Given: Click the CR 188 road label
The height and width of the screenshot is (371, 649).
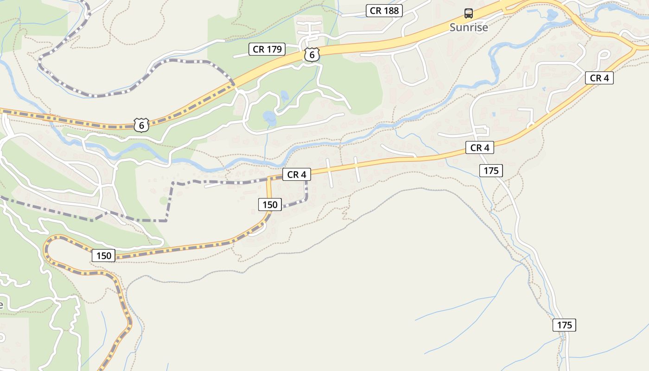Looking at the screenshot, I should tap(384, 11).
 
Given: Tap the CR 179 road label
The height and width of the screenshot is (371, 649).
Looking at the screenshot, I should tap(267, 49).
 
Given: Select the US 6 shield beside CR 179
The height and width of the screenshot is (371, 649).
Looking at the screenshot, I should tap(312, 55).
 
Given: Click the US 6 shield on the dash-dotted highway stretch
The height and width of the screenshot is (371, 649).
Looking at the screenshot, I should tap(141, 125).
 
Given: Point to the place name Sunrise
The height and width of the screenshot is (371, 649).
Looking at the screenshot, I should tap(469, 27).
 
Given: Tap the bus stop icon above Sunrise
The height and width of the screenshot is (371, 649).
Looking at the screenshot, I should tap(469, 13).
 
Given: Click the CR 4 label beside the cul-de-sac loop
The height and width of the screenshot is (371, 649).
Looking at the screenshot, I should tap(599, 78).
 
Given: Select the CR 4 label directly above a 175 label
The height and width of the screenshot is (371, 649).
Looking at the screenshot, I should tap(479, 147).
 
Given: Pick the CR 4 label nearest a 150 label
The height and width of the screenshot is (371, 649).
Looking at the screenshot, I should tap(296, 174).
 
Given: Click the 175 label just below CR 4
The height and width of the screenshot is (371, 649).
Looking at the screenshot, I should tap(491, 171).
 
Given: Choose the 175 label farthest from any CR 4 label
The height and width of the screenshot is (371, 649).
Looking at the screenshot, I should tap(564, 325).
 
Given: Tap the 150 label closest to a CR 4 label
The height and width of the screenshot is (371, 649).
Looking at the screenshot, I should tap(270, 204).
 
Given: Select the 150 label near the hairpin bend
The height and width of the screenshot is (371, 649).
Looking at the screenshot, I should tap(103, 256).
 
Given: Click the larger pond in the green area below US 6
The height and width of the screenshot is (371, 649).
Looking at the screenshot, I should tap(269, 118).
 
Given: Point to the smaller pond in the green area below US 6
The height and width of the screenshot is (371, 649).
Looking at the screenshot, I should tap(284, 96).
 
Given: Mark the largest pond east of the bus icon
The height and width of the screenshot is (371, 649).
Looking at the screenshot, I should tap(552, 16).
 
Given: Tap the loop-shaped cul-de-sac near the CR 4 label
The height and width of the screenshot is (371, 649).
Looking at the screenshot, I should tap(604, 54).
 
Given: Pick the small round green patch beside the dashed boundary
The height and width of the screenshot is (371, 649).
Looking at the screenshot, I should tap(164, 200).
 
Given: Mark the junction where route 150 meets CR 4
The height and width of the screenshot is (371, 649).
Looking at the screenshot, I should tap(268, 179).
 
